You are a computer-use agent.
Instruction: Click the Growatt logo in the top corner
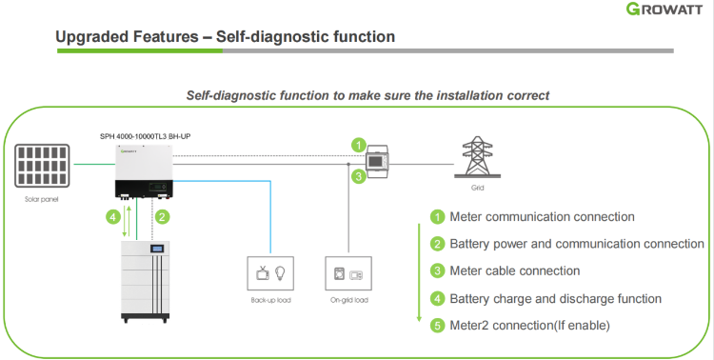click(x=664, y=9)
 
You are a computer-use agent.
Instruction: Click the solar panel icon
click(x=42, y=166)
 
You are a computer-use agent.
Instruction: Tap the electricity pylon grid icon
click(x=477, y=157)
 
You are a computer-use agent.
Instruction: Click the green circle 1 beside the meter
click(x=359, y=146)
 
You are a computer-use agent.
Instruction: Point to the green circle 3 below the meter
click(x=359, y=176)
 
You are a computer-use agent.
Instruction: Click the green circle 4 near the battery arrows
click(x=113, y=216)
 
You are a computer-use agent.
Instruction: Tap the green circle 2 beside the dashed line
click(x=162, y=216)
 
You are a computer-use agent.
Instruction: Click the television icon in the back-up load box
click(x=263, y=273)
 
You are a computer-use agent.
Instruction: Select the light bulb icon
click(x=280, y=273)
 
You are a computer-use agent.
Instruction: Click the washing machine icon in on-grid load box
click(x=339, y=273)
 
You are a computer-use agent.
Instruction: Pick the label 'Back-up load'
click(x=270, y=300)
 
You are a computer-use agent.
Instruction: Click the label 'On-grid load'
click(x=348, y=300)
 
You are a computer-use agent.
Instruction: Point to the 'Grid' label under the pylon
click(x=477, y=188)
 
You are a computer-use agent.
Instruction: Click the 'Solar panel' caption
click(x=42, y=199)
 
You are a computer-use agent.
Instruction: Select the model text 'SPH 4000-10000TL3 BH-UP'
click(x=146, y=136)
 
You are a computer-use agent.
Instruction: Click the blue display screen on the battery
click(x=157, y=249)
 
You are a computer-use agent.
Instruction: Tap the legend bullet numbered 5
click(x=438, y=326)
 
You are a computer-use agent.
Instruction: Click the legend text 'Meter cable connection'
click(x=514, y=271)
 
